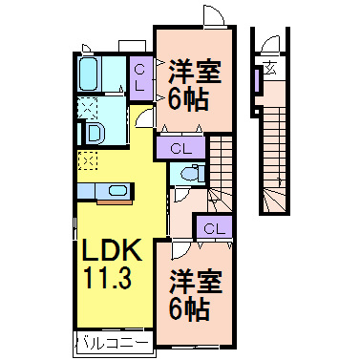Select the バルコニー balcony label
(x=112, y=341)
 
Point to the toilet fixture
(x=189, y=173)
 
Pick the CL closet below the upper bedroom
(x=182, y=148)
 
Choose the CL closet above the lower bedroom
(x=213, y=227)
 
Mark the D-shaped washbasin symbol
(x=94, y=133)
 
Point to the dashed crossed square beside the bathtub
(x=86, y=106)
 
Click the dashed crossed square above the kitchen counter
(x=86, y=160)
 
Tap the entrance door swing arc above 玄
(x=274, y=43)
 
